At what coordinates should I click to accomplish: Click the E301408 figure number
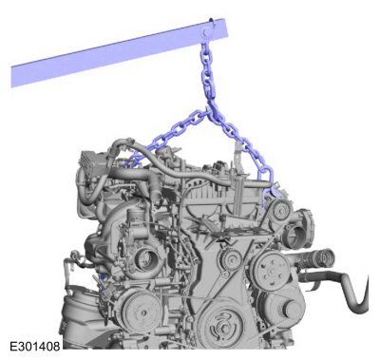35,346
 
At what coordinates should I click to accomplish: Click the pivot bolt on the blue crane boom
207,32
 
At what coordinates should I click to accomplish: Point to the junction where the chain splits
210,110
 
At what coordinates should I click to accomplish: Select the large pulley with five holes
272,271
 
